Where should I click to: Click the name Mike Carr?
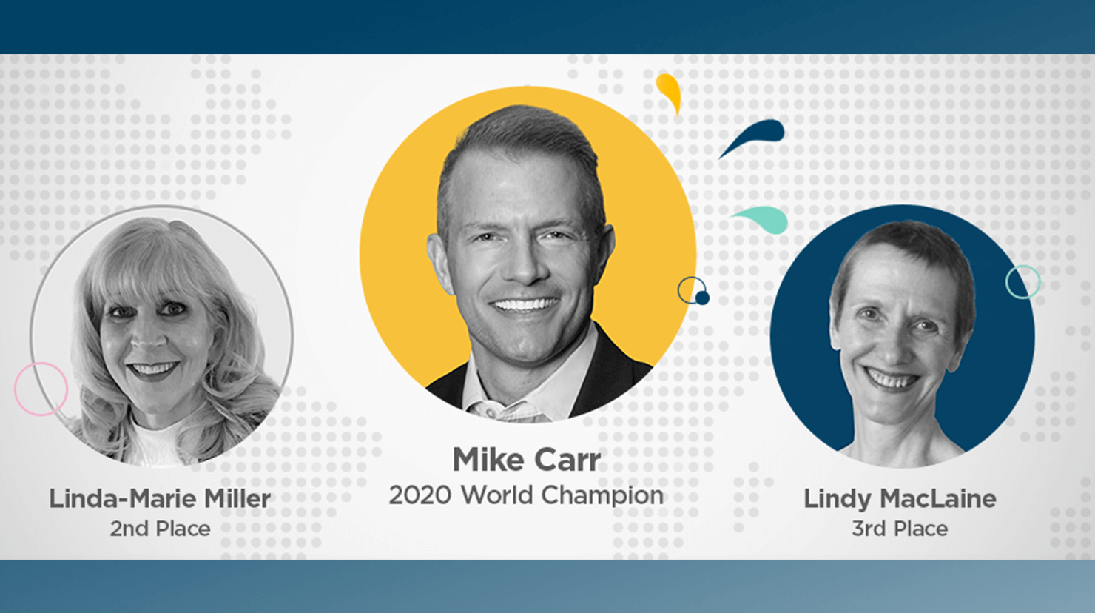[x=527, y=460]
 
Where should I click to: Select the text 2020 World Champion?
[x=527, y=495]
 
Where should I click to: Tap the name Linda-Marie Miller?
[x=160, y=498]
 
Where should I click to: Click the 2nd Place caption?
[x=160, y=529]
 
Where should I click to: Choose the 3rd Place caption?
[x=900, y=529]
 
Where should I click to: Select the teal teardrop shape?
[x=764, y=218]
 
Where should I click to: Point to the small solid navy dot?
[x=702, y=298]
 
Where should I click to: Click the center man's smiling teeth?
[x=525, y=305]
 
